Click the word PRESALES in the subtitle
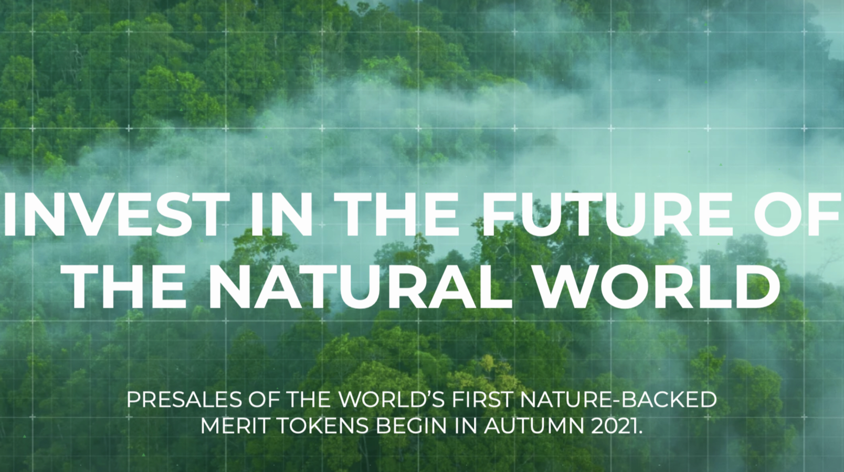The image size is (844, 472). point(184,400)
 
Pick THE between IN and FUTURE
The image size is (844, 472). point(396,214)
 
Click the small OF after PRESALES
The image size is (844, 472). point(261,400)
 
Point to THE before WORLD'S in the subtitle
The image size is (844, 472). point(307,400)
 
